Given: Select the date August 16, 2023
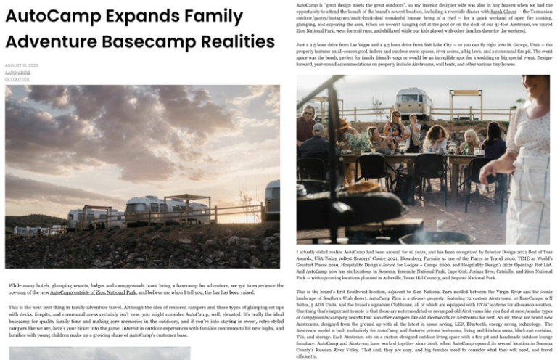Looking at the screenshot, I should [21, 65].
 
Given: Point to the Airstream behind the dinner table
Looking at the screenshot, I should [413, 102].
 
